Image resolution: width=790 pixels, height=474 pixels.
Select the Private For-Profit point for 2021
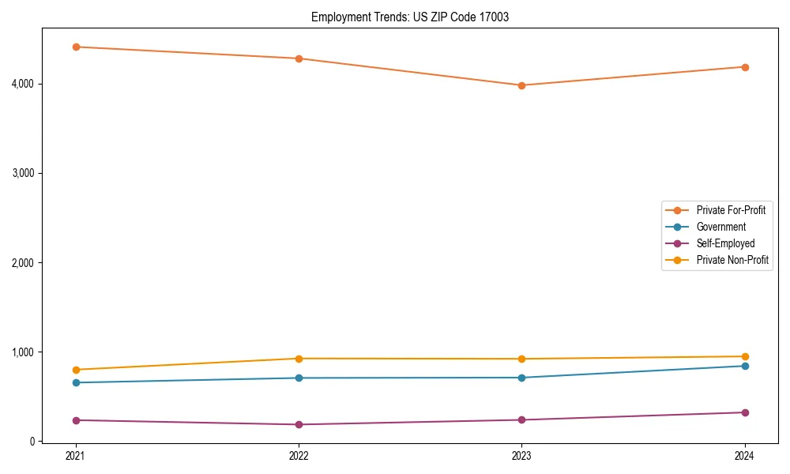pos(76,47)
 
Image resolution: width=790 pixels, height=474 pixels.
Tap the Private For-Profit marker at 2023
pos(521,85)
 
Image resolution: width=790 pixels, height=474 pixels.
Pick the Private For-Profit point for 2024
pos(745,67)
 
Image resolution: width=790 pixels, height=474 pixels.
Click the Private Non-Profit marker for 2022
pos(299,359)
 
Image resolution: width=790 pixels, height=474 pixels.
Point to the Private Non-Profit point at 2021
pos(76,370)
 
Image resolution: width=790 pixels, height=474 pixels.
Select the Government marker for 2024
pos(745,366)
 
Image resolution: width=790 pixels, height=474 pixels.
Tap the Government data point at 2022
pos(299,378)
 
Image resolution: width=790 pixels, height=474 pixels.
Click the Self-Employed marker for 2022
pos(299,424)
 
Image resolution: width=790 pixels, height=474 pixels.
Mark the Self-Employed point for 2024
pos(745,412)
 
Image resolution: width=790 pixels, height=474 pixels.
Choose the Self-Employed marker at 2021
pos(76,420)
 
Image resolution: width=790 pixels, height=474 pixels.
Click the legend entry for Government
pos(720,227)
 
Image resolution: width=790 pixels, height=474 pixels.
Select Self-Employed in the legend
pos(725,243)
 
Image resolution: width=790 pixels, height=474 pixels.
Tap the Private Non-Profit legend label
pos(732,260)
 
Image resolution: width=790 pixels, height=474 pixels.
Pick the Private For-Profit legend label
pos(731,210)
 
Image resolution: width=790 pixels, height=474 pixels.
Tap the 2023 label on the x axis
pos(521,456)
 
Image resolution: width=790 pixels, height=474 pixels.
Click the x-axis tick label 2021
pos(76,456)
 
